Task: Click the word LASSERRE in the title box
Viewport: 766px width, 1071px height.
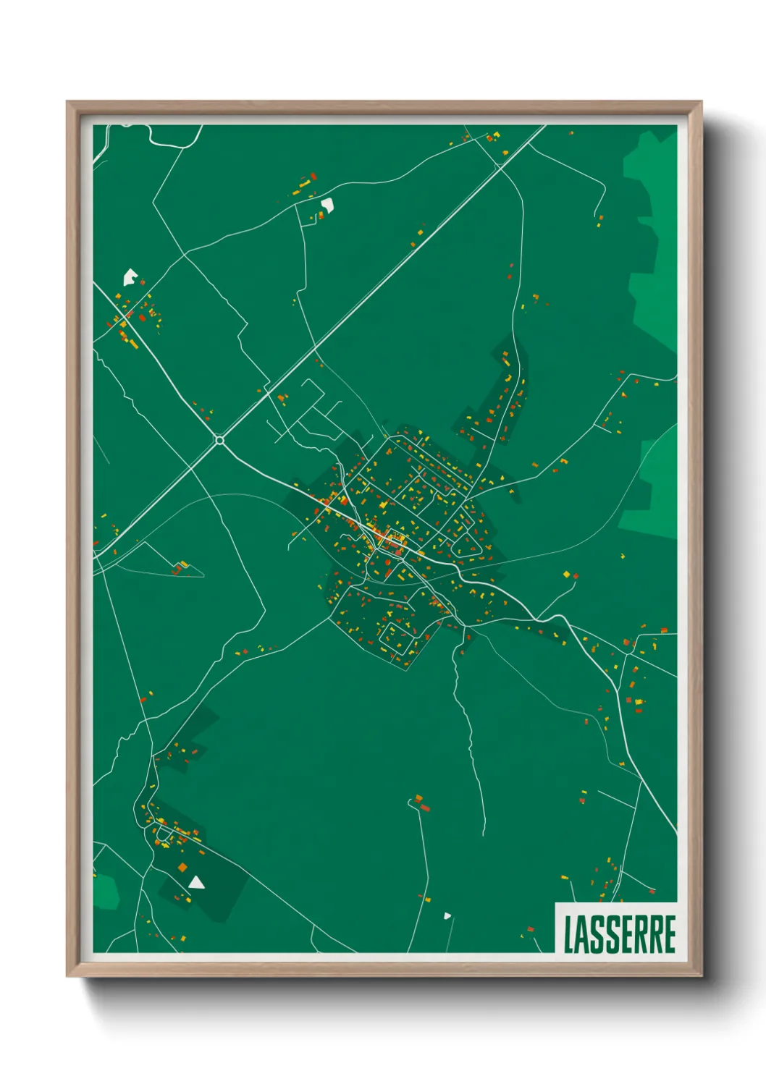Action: coord(619,934)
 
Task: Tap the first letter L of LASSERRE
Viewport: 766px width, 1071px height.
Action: coord(568,934)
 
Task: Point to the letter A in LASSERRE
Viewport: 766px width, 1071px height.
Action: coord(583,934)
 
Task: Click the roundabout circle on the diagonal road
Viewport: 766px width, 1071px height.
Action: coord(219,440)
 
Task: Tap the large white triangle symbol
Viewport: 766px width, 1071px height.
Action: coord(196,882)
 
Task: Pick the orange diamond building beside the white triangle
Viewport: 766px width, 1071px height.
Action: coord(182,867)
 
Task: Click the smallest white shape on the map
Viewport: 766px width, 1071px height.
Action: coord(447,915)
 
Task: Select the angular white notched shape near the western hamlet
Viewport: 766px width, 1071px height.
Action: coord(130,276)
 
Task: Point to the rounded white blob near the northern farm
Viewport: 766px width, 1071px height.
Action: coord(327,205)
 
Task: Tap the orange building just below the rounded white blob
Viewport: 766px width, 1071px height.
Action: coord(321,216)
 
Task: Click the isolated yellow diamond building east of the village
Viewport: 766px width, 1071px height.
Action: coord(566,575)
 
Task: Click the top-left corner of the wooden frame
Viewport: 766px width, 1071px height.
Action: coord(67,102)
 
